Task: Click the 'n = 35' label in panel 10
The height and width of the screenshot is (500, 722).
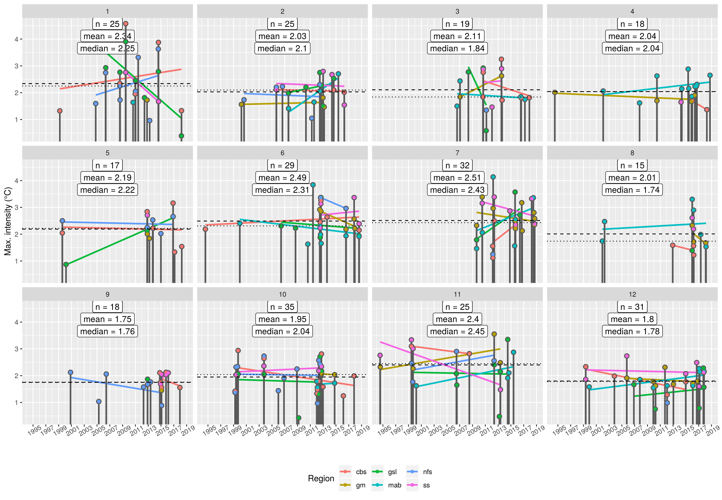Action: coord(282,307)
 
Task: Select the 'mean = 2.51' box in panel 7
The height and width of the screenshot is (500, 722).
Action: coord(457,178)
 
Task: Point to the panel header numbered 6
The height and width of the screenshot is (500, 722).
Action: coord(282,153)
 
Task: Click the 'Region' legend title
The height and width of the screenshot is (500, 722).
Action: coord(321,478)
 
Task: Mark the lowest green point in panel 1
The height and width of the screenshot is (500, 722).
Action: coord(181,136)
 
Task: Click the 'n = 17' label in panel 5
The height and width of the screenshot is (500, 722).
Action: coord(107,165)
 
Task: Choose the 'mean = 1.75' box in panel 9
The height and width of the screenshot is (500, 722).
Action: coord(107,319)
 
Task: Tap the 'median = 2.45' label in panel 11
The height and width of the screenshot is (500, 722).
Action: coord(457,331)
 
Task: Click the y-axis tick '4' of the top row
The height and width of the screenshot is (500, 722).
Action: coord(16,39)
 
